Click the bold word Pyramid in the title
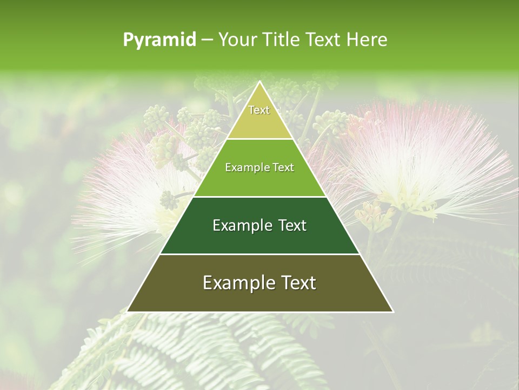[x=159, y=40]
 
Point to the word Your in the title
[x=237, y=40]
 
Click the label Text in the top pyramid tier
[x=259, y=110]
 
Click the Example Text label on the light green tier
[x=259, y=168]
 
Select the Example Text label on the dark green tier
[x=259, y=225]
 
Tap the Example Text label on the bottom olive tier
[x=259, y=283]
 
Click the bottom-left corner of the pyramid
[x=128, y=311]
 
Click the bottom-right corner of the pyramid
[x=392, y=311]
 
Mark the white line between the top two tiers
[x=259, y=139]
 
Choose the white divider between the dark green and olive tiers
[x=259, y=254]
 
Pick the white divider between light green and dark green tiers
[x=259, y=197]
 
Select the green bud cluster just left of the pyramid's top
[x=200, y=130]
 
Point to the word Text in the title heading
[x=322, y=40]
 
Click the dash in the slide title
[x=207, y=40]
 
